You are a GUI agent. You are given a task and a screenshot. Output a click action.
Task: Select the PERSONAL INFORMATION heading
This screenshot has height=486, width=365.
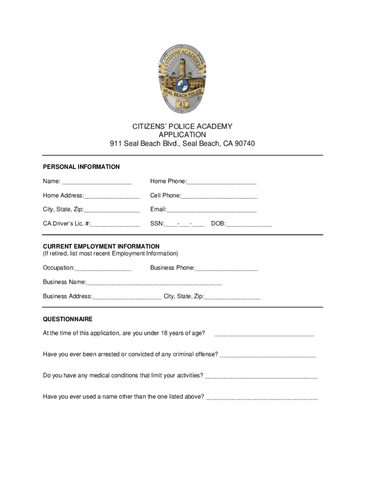coord(81,167)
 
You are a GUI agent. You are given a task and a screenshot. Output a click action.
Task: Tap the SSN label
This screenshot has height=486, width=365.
coord(157,224)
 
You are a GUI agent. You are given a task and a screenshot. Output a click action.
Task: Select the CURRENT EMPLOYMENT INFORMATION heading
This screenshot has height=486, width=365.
coord(101,246)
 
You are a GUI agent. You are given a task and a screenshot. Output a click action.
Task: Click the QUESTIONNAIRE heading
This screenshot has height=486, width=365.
coord(68,319)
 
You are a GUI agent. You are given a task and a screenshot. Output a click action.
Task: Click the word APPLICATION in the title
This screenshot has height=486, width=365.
coord(182,135)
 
